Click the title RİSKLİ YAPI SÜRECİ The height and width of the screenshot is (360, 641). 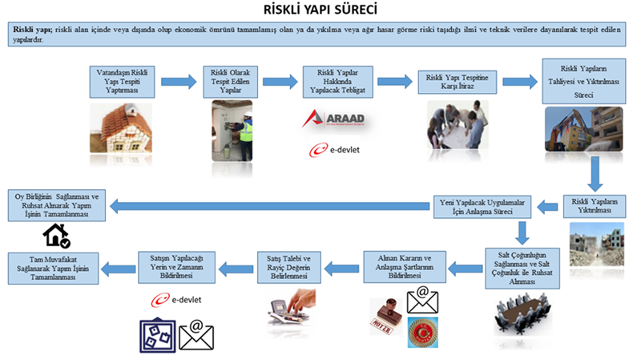click(x=320, y=10)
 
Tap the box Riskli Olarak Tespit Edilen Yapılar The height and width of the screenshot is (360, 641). click(x=231, y=82)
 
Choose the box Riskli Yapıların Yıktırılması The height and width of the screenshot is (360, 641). click(x=595, y=205)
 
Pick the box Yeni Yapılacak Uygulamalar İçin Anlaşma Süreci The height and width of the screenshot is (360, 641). click(x=483, y=206)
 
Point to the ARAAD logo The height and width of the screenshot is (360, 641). click(x=333, y=119)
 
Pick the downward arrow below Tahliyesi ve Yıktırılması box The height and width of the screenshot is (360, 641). click(x=594, y=171)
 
